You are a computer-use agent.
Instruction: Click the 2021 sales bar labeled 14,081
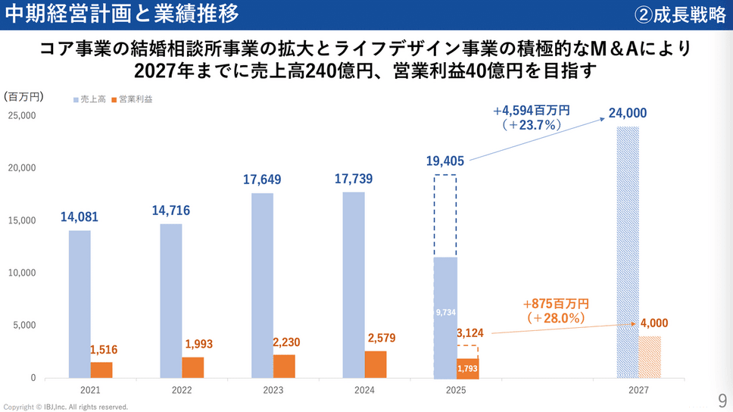(x=80, y=304)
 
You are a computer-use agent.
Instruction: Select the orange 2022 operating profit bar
(x=193, y=367)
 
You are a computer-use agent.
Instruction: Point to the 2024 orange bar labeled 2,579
(x=376, y=364)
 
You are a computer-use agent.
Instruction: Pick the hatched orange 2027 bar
(x=650, y=357)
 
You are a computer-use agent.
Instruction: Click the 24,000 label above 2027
(x=628, y=114)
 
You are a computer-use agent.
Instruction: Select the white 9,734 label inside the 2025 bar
(x=445, y=311)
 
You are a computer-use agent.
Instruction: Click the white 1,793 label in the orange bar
(x=468, y=370)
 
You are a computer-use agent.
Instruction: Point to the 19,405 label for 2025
(x=444, y=161)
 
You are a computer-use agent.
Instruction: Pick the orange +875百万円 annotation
(x=555, y=303)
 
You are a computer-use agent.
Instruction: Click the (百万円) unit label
(x=23, y=97)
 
